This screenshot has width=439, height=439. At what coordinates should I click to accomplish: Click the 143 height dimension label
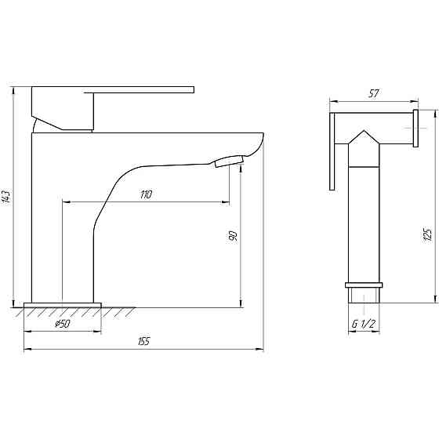tap(7, 197)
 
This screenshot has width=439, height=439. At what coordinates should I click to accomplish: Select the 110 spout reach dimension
tap(146, 194)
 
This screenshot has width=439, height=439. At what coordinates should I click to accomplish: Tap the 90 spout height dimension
tap(233, 234)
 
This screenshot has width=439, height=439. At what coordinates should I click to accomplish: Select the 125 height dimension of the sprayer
tap(427, 234)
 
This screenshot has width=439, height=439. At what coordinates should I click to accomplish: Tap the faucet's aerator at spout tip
tap(229, 161)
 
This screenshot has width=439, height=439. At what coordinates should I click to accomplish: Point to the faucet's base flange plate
tap(63, 304)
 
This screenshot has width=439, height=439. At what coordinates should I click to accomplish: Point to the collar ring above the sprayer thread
tap(364, 285)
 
